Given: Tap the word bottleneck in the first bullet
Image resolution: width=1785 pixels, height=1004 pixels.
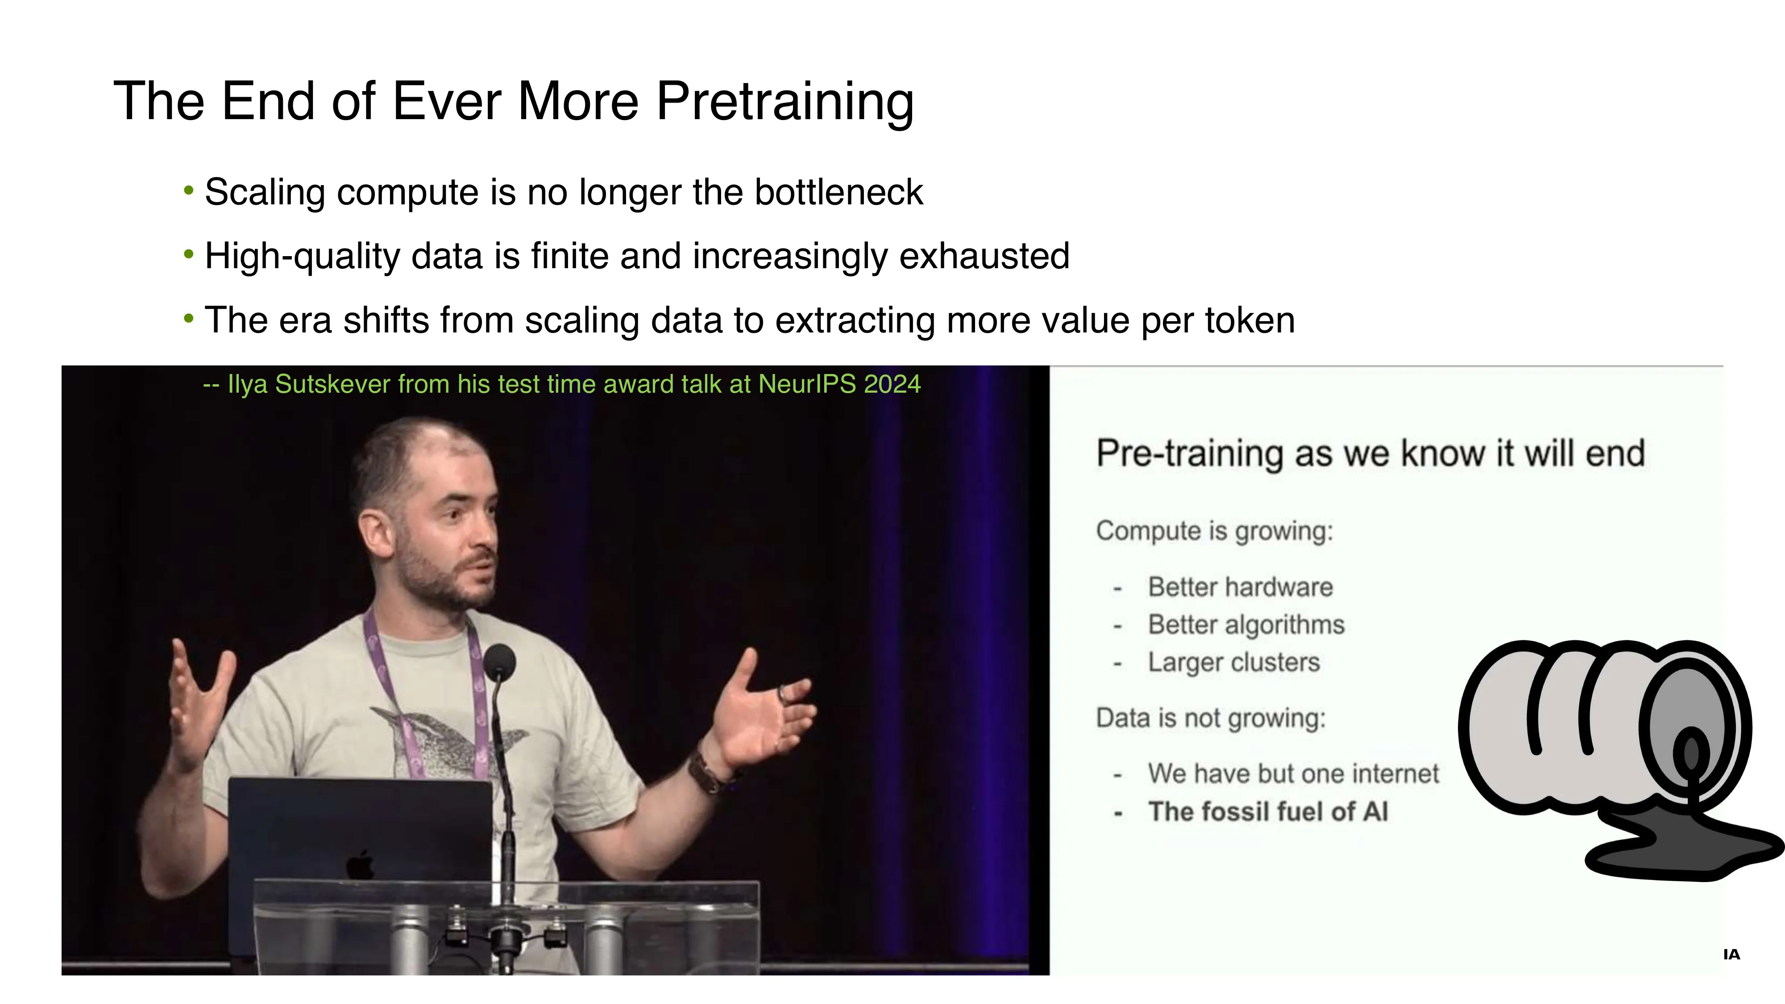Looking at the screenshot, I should [839, 193].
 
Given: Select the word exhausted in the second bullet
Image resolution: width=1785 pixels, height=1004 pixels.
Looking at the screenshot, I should [985, 257].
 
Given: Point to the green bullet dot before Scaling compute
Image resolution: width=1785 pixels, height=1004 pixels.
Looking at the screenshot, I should [188, 190].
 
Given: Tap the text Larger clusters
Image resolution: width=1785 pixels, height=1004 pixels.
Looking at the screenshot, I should [1233, 662].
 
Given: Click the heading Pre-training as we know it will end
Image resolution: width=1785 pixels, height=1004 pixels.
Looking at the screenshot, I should [1370, 454].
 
